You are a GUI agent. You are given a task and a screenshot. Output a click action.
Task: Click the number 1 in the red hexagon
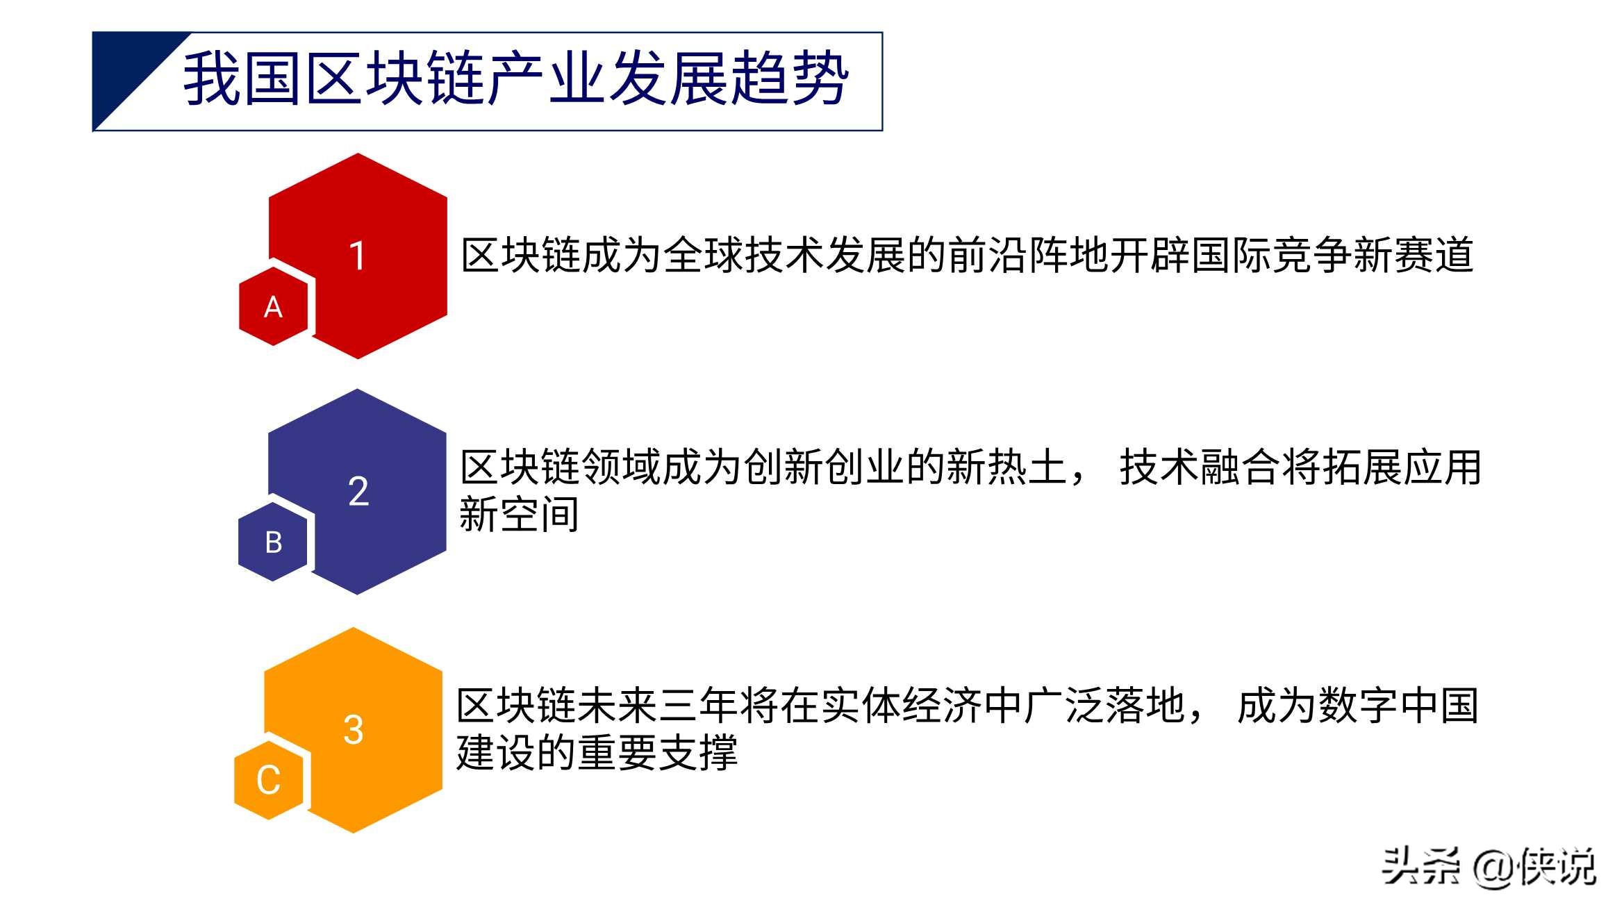[357, 256]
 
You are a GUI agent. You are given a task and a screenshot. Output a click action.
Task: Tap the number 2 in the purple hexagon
[358, 491]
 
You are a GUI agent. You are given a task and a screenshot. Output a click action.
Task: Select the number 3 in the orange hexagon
[354, 730]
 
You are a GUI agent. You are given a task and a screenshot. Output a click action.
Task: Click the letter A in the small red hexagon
[273, 307]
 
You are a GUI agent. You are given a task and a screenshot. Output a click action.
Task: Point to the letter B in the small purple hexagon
[274, 542]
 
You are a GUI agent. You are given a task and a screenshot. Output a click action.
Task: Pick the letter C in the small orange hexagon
[268, 780]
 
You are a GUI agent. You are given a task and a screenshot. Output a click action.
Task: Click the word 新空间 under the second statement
[519, 515]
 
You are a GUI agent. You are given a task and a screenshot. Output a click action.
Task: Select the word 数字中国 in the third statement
[1398, 706]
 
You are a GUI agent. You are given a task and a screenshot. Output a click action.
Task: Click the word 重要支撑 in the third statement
[657, 753]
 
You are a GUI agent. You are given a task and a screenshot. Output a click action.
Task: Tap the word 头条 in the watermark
[1421, 867]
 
